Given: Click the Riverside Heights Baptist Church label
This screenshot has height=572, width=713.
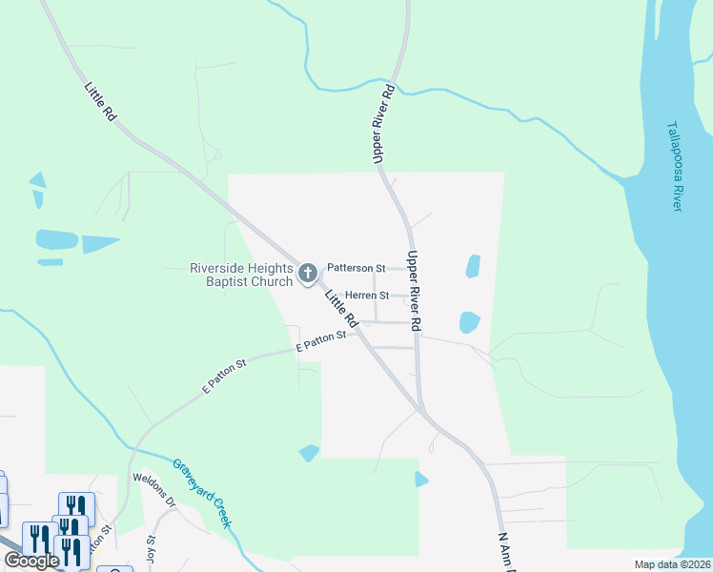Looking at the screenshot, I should pos(242,275).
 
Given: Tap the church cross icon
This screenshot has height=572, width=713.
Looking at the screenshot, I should pos(307,275).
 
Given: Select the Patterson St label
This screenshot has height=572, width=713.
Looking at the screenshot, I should pos(356,269).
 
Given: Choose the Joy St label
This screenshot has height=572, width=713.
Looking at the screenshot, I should pos(150,551).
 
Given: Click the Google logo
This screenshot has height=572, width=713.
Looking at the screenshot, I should pos(32,561).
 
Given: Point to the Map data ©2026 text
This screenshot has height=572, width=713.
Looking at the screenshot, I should pos(672,564).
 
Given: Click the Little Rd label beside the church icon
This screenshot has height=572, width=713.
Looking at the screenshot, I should pos(340,308).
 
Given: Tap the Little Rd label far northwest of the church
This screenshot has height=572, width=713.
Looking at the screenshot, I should pos(100,101).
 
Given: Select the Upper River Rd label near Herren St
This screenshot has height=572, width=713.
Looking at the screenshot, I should pos(415,292).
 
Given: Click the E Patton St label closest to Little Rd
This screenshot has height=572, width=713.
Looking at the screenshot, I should pos(320,342).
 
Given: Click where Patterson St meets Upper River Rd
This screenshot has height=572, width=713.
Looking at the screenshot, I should pos(410,269).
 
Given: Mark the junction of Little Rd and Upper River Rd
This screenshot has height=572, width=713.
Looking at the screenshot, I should pos(422,411).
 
